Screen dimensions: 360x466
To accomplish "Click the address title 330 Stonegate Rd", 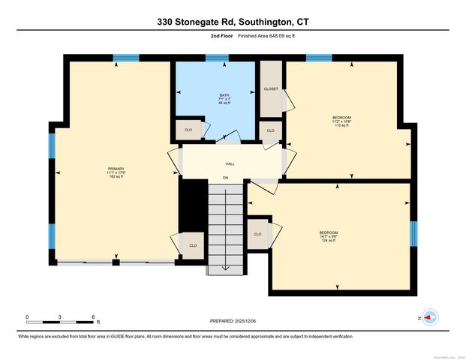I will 233,22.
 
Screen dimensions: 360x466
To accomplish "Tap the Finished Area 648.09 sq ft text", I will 257,36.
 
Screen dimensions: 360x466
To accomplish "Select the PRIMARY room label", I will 116,172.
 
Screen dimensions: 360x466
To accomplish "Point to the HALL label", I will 231,163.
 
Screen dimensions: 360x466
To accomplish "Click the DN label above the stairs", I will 225,178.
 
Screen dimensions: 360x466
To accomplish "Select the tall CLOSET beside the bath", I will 271,89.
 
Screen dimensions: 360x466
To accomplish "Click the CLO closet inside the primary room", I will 193,245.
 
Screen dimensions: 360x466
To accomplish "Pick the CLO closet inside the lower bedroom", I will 257,234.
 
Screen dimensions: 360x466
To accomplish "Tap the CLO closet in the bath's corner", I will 188,130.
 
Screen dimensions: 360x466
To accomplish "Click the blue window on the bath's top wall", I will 217,58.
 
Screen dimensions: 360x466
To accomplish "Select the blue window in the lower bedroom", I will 413,233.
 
